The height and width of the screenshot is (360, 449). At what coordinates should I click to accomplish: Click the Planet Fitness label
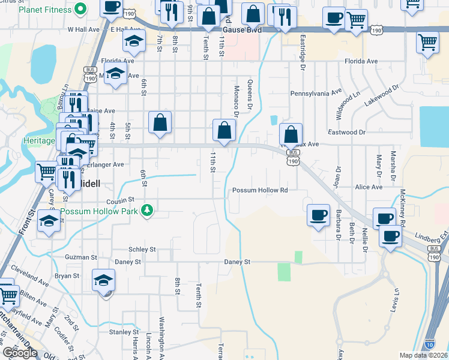(44, 10)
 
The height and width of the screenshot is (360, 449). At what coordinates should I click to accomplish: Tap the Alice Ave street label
(369, 187)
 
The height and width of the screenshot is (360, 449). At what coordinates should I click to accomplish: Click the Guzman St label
(82, 257)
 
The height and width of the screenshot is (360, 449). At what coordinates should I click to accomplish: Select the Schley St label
(142, 249)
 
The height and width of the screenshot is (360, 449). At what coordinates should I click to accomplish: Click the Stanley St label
(124, 332)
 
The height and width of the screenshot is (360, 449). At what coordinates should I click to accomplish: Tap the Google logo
(19, 352)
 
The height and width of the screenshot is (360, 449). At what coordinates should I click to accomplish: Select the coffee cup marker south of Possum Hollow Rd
(318, 214)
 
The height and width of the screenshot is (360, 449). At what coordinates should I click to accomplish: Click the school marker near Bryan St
(104, 280)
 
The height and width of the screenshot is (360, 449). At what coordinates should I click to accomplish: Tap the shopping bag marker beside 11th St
(224, 130)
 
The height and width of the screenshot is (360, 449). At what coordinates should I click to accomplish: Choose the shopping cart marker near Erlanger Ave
(47, 172)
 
